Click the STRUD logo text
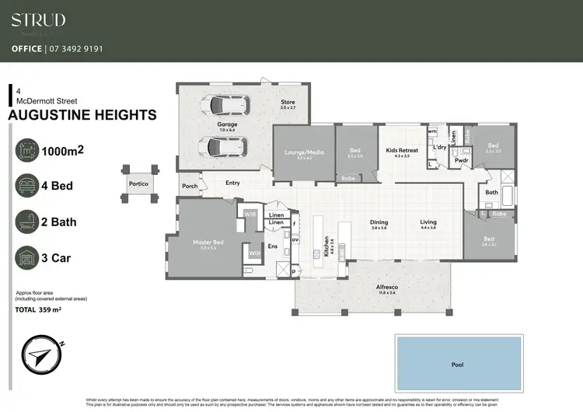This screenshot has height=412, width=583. click(38, 20)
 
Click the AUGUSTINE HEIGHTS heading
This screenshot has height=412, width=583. click(82, 115)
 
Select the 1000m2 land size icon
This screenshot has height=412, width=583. click(27, 151)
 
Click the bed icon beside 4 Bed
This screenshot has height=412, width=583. click(27, 186)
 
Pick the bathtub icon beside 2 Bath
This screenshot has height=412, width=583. click(27, 222)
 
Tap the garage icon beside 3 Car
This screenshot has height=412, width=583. click(27, 258)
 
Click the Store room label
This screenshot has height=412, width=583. click(288, 103)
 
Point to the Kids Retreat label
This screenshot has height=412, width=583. click(401, 152)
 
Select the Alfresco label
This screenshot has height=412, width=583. click(365, 287)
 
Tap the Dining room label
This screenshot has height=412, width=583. click(379, 222)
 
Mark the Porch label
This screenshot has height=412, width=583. click(189, 187)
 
